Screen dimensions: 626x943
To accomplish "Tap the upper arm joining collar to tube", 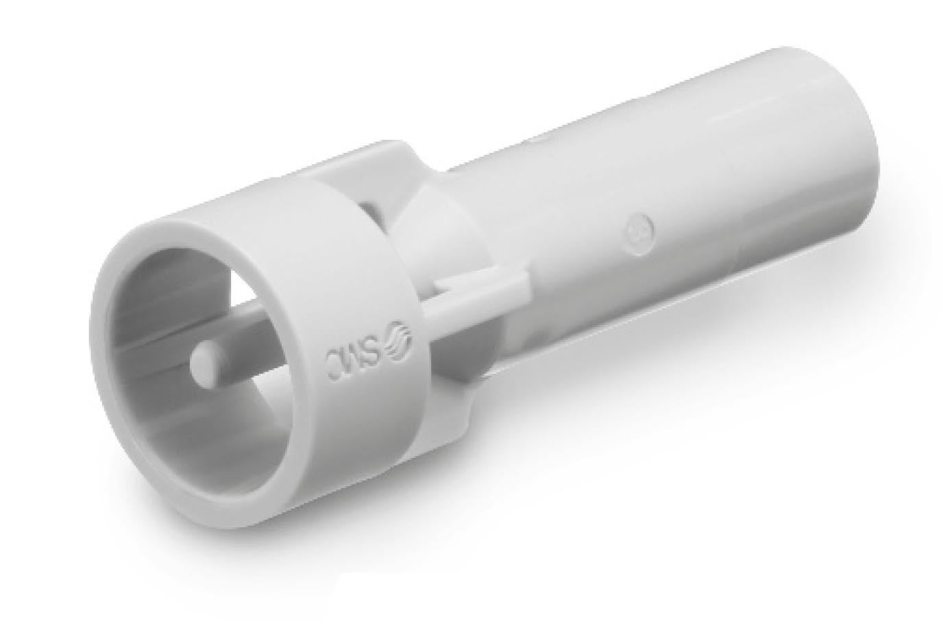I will pos(356,171).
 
